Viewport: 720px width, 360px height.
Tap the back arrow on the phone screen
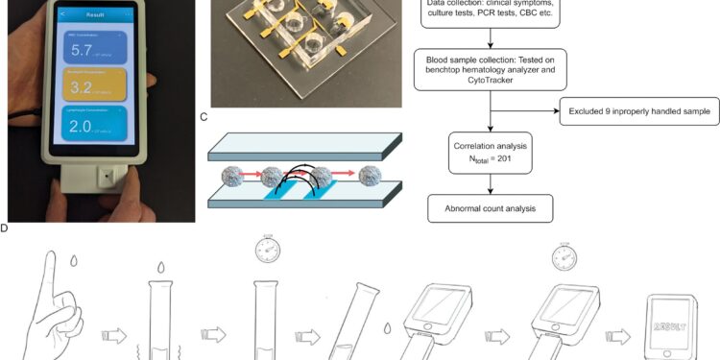pos(63,14)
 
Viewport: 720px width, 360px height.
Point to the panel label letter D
pos(5,228)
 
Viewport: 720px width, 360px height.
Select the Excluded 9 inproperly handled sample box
pos(638,112)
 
